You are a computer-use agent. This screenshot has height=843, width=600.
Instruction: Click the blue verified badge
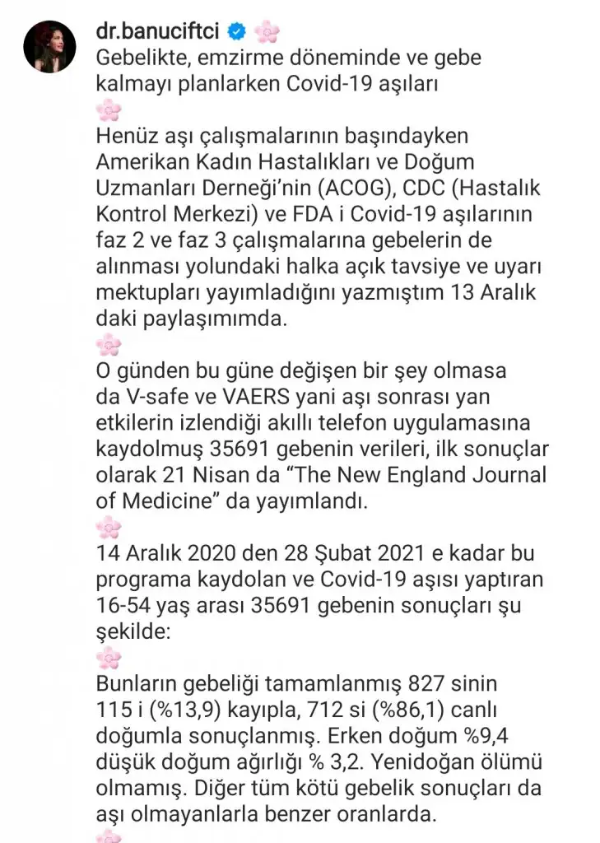click(x=237, y=33)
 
